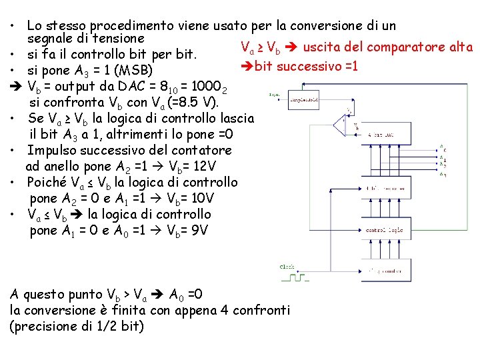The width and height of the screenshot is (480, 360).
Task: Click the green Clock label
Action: click(286, 267)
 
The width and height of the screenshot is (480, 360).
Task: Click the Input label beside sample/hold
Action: click(274, 95)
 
